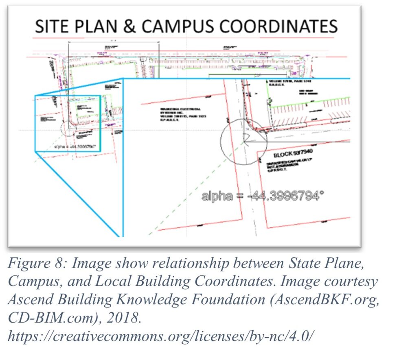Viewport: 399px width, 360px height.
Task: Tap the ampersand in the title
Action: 130,27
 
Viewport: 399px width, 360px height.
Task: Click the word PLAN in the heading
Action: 101,27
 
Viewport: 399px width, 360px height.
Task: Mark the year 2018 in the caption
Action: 126,317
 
